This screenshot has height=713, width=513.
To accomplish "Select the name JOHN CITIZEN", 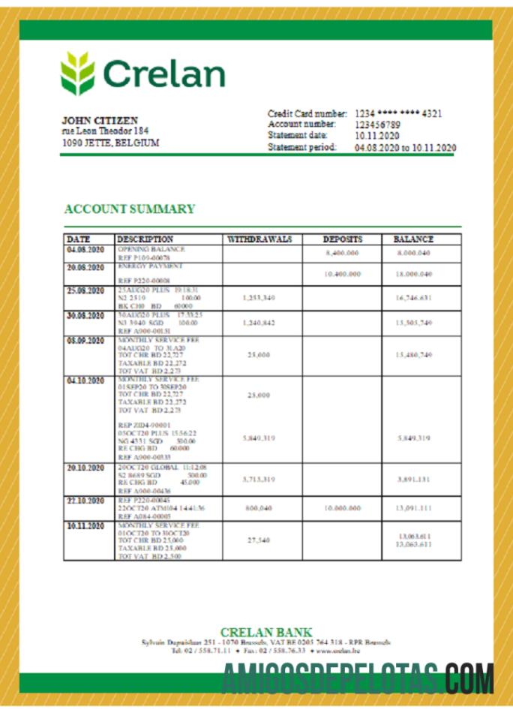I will pos(100,120).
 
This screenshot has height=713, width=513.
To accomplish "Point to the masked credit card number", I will pos(398,114).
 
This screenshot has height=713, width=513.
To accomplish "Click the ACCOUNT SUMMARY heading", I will pos(130,209).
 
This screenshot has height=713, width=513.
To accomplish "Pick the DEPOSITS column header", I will pos(342,239).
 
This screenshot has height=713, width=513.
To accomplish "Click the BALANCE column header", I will pos(413,239).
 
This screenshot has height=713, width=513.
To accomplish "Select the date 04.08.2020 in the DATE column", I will pos(85,249).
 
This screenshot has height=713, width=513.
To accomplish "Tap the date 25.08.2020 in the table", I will pos(85,290).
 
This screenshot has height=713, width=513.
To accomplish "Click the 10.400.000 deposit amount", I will pos(342,275).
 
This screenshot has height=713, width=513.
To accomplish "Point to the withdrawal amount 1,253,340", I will pos(259,299).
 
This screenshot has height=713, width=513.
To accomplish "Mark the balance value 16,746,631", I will pos(413,299).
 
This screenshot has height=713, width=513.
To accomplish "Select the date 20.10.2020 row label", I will pos(85,468).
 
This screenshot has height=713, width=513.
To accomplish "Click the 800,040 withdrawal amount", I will pos(259,508).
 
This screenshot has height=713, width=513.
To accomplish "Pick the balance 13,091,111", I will pos(413,508).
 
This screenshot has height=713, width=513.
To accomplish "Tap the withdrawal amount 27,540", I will pos(259,540).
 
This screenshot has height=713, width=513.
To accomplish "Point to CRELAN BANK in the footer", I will pos(266,633).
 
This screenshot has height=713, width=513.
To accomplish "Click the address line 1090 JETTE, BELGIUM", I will pos(110,143).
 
